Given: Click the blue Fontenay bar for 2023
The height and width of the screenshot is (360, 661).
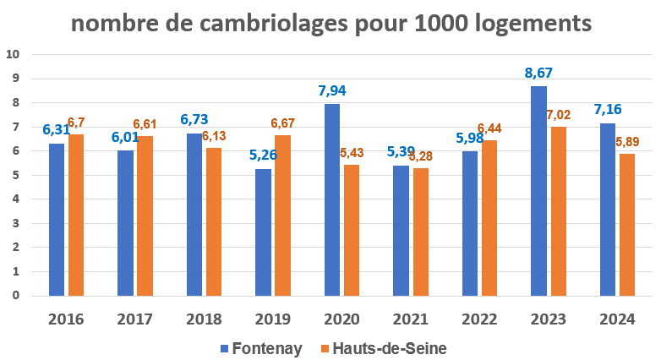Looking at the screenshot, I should (x=538, y=191).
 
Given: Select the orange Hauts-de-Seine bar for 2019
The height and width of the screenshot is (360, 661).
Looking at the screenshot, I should (x=282, y=215).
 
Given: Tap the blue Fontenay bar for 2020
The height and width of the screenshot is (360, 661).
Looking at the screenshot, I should (x=332, y=200).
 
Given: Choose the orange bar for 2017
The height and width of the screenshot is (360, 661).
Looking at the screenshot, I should (x=145, y=216).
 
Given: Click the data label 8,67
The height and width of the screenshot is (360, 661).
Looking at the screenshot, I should (x=538, y=73).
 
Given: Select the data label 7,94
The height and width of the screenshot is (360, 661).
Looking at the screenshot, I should (x=332, y=90).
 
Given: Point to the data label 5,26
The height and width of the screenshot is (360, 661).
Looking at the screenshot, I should (x=263, y=155).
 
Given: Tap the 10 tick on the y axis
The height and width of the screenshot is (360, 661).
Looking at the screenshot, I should (x=13, y=55).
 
